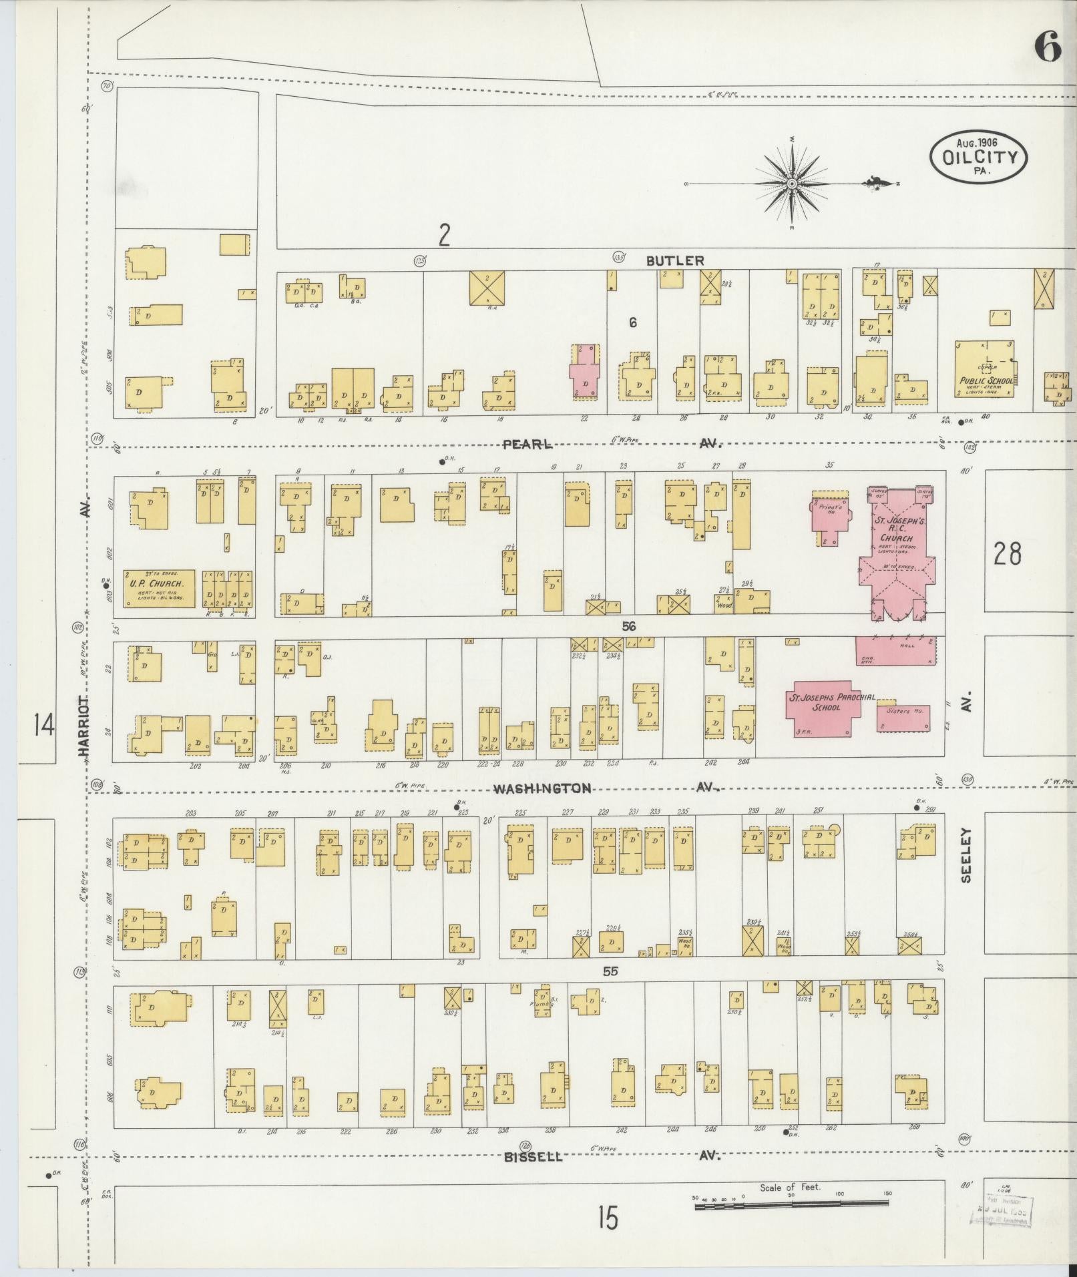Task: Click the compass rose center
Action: (x=791, y=183)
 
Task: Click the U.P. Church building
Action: (x=159, y=589)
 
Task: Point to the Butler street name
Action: (x=675, y=260)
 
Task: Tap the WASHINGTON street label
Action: (x=542, y=788)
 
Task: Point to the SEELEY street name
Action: (x=966, y=855)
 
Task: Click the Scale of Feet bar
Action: (x=791, y=1203)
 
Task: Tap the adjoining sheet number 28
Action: (x=1007, y=553)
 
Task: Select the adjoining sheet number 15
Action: (x=608, y=1218)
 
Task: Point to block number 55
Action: (x=610, y=972)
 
